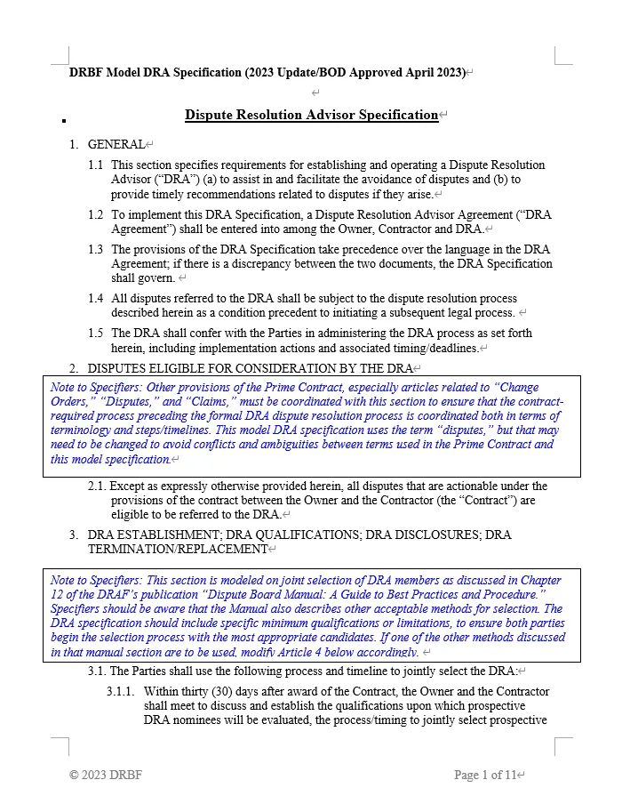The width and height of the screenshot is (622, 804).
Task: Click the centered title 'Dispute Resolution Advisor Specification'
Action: pos(311,116)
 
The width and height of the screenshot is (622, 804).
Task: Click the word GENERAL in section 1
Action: pos(116,144)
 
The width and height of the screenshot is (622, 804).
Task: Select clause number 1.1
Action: pos(95,165)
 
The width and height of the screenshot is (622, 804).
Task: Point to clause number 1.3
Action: pos(95,250)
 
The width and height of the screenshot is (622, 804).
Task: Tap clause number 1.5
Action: pos(95,334)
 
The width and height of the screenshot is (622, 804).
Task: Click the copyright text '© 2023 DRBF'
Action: pos(106,776)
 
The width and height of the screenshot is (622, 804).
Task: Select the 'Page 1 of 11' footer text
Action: pos(484,776)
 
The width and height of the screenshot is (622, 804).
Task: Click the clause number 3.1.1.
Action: pos(120,691)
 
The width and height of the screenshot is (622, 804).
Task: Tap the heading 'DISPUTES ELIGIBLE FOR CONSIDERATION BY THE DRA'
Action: pos(250,368)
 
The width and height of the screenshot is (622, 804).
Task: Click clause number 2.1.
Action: pos(98,486)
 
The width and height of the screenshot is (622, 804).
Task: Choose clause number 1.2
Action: pos(95,214)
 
